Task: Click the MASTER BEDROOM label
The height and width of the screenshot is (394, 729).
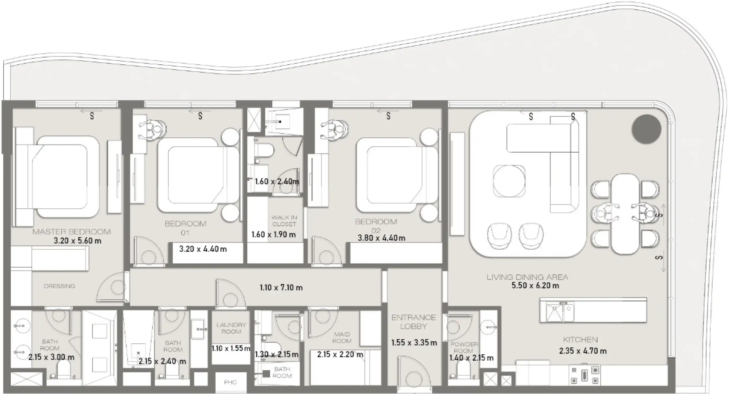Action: coord(71,232)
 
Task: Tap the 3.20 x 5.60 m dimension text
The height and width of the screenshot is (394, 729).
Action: coord(77,241)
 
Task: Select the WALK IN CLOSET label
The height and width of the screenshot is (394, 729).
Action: coord(284,221)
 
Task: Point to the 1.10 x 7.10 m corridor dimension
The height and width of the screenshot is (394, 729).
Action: coord(281,288)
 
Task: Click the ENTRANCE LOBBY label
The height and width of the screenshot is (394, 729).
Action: coord(414,322)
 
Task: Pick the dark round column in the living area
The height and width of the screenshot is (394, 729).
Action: coord(646,129)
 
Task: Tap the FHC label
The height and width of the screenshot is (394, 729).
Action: coord(230,382)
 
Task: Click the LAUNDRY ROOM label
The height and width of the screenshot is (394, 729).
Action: coord(231,328)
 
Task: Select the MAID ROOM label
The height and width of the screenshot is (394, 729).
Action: coord(342,338)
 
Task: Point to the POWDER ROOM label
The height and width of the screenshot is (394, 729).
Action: coord(464,347)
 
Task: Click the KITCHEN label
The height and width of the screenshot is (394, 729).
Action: coord(580,340)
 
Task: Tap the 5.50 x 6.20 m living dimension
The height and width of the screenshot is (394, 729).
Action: coord(535,286)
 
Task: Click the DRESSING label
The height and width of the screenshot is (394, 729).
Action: coord(59,286)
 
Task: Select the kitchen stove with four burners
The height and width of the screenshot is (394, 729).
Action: coord(584,375)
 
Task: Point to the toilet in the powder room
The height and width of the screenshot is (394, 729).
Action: coord(463,370)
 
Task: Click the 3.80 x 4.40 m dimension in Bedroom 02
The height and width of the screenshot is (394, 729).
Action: coord(381,238)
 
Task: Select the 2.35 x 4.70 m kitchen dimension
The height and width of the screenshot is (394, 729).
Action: coord(583,351)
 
